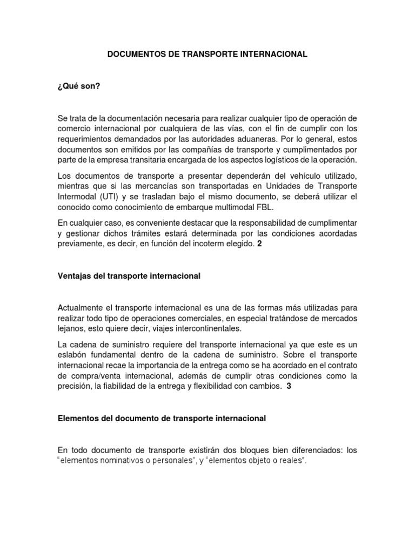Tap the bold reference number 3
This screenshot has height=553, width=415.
coord(289,386)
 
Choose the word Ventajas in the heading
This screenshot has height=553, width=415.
coord(73,276)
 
